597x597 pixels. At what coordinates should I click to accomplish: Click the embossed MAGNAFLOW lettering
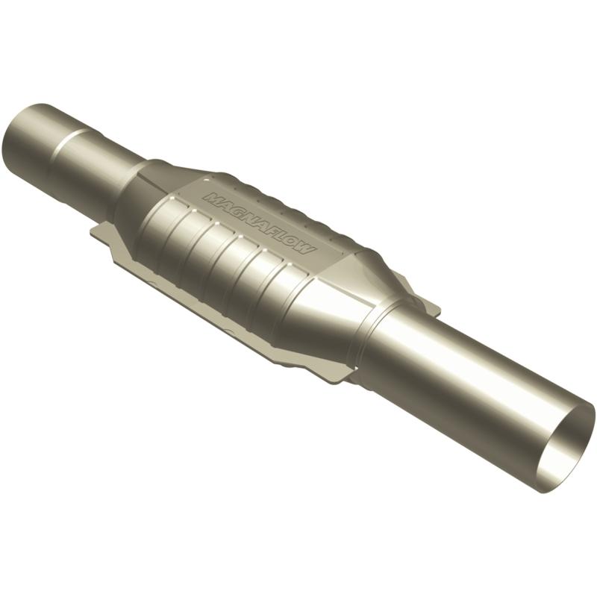pos(258,222)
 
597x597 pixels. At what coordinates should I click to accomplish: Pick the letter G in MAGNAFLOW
pos(234,209)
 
